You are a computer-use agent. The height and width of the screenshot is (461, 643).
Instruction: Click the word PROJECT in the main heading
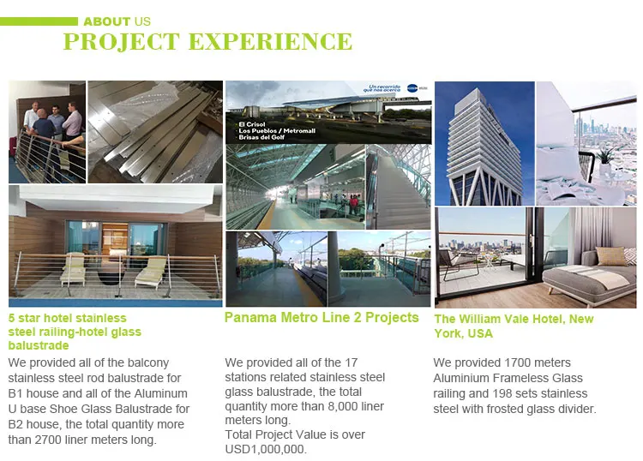pos(122,41)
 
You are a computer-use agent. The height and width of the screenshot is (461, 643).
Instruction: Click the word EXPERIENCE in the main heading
pos(270,41)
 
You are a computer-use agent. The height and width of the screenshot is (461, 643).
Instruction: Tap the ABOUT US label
pos(117,21)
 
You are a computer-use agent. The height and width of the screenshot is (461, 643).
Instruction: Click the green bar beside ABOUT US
pos(39,21)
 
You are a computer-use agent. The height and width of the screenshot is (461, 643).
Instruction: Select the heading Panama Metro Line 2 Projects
pos(321,317)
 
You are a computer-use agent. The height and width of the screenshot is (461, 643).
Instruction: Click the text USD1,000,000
pos(265,449)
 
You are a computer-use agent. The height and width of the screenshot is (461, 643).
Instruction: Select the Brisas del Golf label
pos(261,137)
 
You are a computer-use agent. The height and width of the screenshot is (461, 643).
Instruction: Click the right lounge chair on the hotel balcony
pos(151,272)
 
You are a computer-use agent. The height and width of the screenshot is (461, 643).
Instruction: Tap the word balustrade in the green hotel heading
pos(39,345)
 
